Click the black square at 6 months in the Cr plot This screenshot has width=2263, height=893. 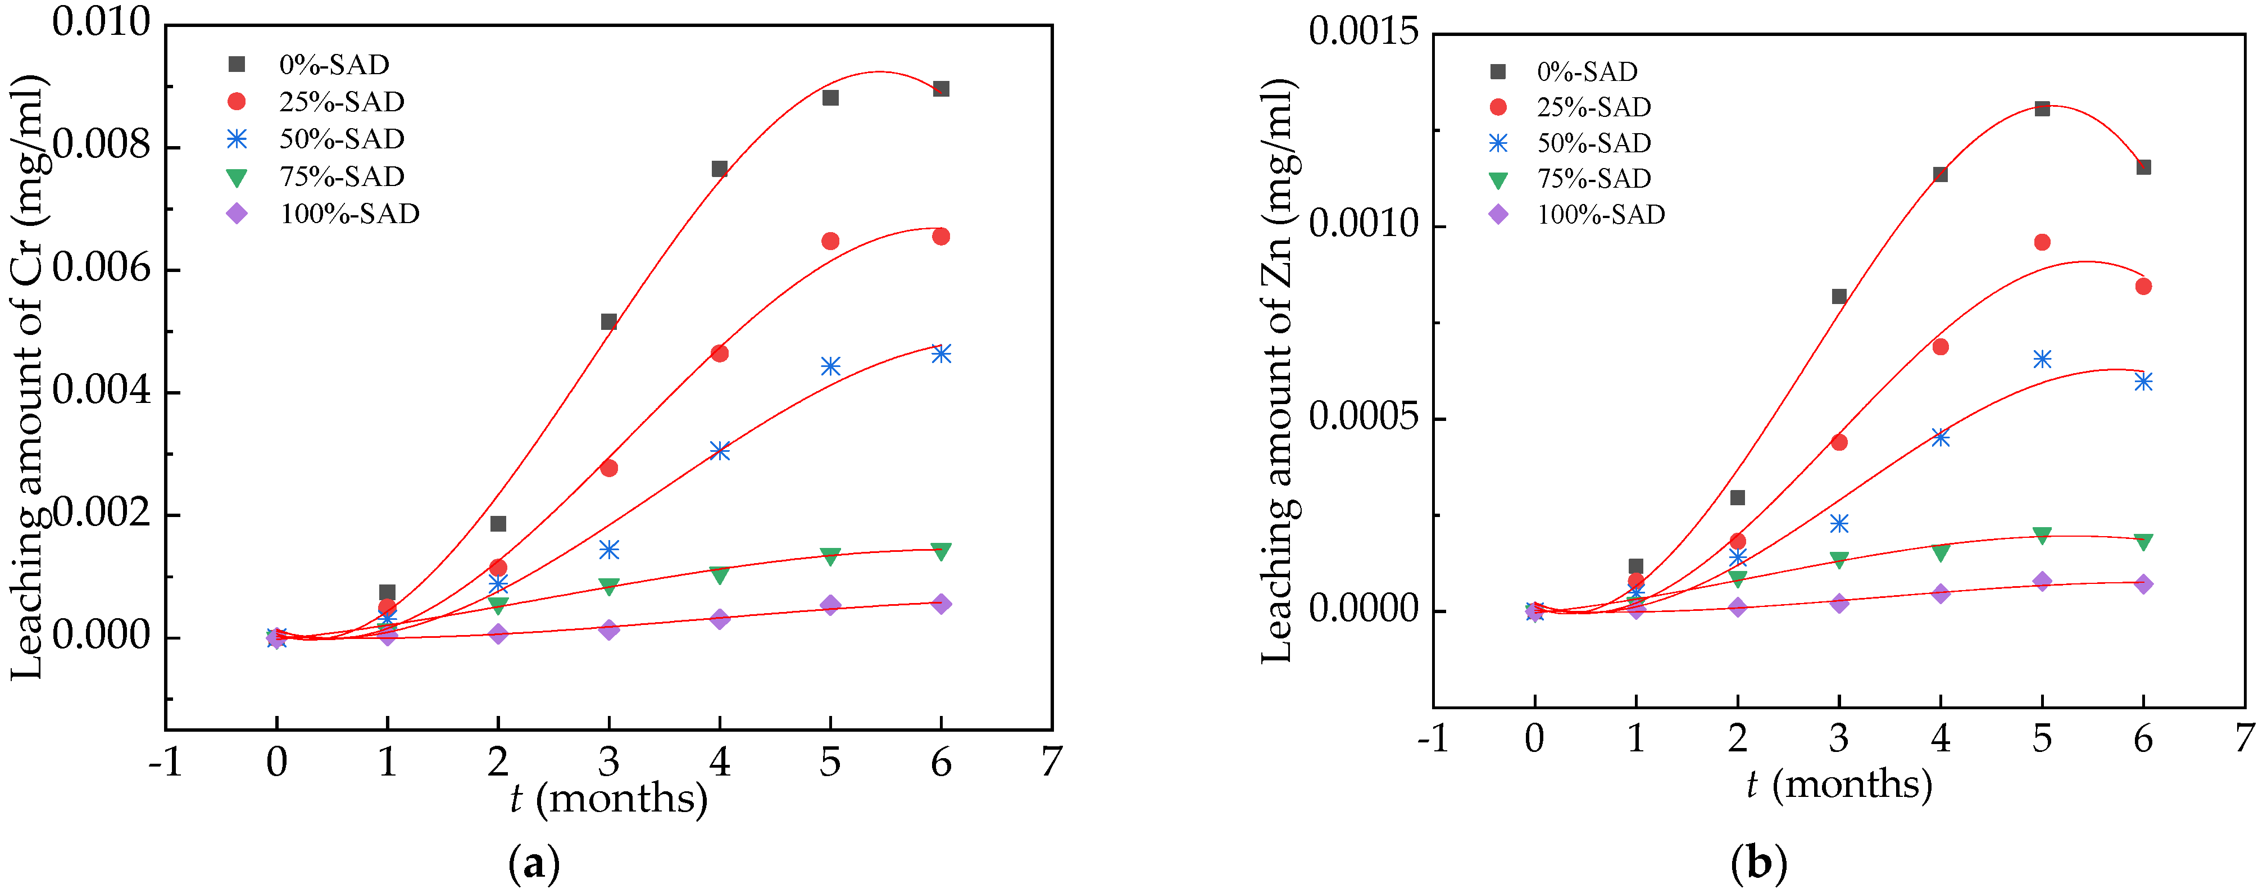click(941, 89)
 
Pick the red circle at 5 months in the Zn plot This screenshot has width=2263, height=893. click(2042, 242)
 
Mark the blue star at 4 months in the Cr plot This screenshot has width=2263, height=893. click(720, 451)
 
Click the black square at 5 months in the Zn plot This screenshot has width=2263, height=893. click(2042, 108)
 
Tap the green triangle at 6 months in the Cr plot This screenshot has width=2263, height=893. click(941, 551)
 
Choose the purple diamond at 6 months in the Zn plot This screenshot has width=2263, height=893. click(2143, 583)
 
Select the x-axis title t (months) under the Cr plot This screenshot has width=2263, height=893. click(609, 798)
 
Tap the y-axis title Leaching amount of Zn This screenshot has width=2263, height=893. click(1278, 369)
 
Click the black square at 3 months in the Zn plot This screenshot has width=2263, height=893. click(1839, 296)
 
